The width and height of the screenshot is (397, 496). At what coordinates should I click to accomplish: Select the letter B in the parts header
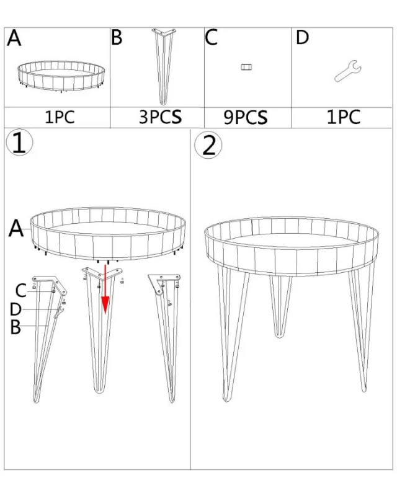[117, 37]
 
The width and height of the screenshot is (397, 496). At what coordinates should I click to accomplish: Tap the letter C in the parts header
[212, 37]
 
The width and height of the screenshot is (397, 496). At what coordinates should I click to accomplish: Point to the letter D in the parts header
[302, 37]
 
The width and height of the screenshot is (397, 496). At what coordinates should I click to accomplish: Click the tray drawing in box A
[60, 76]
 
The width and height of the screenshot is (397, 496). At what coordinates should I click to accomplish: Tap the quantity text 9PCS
[245, 117]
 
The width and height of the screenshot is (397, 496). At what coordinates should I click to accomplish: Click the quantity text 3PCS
[160, 117]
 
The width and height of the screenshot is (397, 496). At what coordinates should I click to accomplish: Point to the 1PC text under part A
[60, 117]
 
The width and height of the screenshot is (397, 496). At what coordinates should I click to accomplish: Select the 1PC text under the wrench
[343, 117]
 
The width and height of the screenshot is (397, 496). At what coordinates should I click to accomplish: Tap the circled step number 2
[208, 144]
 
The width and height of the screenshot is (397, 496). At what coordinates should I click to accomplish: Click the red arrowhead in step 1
[105, 304]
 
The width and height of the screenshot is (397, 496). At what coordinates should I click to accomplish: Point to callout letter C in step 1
[21, 290]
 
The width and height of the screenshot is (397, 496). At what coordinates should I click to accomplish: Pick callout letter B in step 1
[16, 327]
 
